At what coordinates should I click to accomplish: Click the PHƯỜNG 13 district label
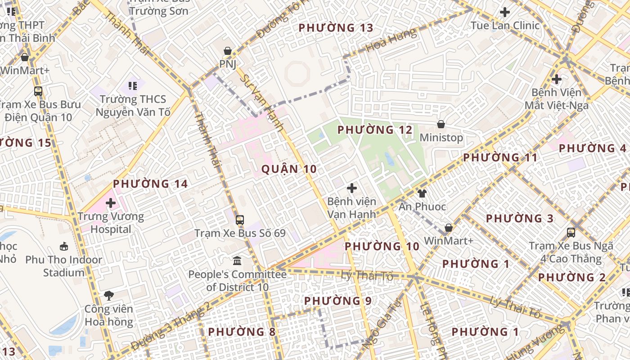pyautogui.click(x=336, y=28)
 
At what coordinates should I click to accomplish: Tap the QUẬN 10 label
pyautogui.click(x=289, y=169)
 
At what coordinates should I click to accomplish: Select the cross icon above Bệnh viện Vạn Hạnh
pyautogui.click(x=352, y=188)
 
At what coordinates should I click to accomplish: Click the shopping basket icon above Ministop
pyautogui.click(x=441, y=124)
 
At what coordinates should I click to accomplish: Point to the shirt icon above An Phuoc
pyautogui.click(x=422, y=193)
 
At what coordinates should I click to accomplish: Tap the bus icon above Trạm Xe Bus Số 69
pyautogui.click(x=240, y=220)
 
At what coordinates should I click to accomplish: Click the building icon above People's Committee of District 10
pyautogui.click(x=237, y=261)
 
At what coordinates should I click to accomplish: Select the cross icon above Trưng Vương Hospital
pyautogui.click(x=111, y=203)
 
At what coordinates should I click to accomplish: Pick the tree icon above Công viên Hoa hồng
pyautogui.click(x=108, y=296)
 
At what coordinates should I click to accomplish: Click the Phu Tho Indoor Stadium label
pyautogui.click(x=63, y=266)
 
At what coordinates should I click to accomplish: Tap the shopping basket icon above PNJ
pyautogui.click(x=228, y=51)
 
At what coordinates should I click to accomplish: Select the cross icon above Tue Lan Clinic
pyautogui.click(x=505, y=12)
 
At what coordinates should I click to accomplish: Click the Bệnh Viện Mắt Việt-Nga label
pyautogui.click(x=556, y=99)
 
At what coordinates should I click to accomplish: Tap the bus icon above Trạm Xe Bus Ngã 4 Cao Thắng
pyautogui.click(x=571, y=233)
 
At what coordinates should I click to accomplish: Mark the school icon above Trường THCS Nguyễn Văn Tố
pyautogui.click(x=132, y=85)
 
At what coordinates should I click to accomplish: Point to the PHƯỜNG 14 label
pyautogui.click(x=150, y=184)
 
